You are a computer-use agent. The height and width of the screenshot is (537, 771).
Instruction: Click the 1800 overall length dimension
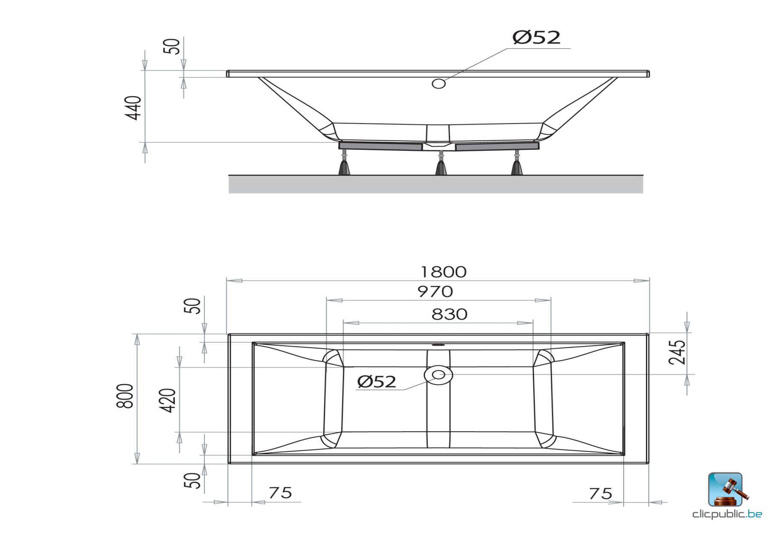point(443,272)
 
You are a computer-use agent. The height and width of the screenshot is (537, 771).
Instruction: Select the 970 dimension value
point(435,292)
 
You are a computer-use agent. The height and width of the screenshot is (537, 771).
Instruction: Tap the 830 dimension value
point(449,314)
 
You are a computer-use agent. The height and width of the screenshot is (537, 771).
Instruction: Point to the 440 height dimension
point(133,108)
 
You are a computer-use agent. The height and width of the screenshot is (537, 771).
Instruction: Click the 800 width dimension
point(125,396)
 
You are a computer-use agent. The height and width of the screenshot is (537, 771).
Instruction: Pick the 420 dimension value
point(167,400)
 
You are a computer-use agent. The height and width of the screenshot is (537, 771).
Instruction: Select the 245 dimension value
point(677,353)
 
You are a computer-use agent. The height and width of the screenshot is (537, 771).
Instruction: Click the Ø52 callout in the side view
point(536,38)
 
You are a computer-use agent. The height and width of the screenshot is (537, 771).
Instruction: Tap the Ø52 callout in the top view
point(377,382)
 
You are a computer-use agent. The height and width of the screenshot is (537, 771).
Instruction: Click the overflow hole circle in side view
point(439,83)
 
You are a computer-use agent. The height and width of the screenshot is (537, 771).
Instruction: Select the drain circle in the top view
point(438,375)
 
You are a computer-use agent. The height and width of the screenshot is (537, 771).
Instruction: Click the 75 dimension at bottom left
point(281,493)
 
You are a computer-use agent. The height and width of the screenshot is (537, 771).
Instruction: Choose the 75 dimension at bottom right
point(601,494)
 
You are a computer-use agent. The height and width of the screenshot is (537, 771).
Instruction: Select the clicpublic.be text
point(727,514)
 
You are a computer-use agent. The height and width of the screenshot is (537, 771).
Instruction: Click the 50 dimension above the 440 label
point(171,46)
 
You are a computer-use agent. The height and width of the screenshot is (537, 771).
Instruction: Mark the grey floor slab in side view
point(435,184)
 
